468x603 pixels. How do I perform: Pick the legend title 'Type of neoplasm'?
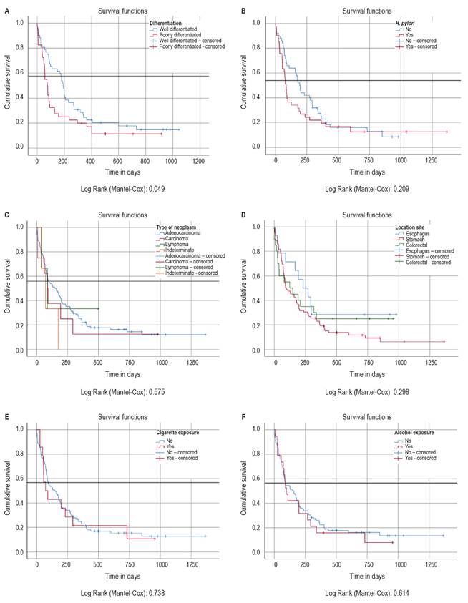click(x=175, y=227)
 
